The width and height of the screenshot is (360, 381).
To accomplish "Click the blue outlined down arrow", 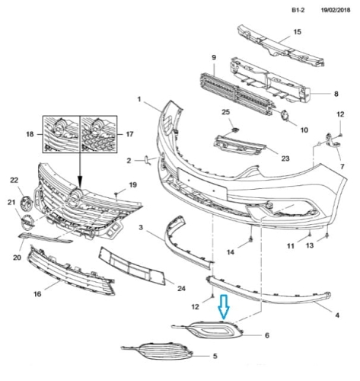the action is pyautogui.click(x=224, y=307).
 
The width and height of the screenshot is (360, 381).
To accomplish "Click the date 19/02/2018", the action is pyautogui.click(x=336, y=10).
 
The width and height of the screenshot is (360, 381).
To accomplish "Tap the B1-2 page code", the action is pyautogui.click(x=298, y=10).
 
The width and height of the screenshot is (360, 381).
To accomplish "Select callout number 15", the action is pyautogui.click(x=297, y=32).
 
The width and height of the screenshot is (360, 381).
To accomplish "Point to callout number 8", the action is pyautogui.click(x=336, y=94).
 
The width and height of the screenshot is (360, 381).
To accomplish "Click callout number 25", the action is pyautogui.click(x=226, y=112).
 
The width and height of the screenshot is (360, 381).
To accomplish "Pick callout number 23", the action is pyautogui.click(x=285, y=158).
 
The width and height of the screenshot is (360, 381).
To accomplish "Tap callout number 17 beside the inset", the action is pyautogui.click(x=129, y=134).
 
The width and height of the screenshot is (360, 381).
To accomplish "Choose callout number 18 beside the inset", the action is pyautogui.click(x=30, y=134).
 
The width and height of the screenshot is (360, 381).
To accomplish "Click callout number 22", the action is pyautogui.click(x=14, y=180).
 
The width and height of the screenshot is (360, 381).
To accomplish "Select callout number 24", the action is pyautogui.click(x=181, y=289).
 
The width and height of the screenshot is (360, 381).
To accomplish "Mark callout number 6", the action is pyautogui.click(x=267, y=335).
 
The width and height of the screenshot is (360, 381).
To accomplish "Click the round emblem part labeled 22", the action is pyautogui.click(x=27, y=203).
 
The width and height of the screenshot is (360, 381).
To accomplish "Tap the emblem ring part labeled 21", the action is pyautogui.click(x=27, y=221).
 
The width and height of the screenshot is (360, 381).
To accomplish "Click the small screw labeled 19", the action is pyautogui.click(x=116, y=194).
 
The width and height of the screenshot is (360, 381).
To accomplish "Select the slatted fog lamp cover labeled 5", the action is pyautogui.click(x=158, y=351).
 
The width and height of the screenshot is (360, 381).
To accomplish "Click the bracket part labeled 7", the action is pyautogui.click(x=333, y=141).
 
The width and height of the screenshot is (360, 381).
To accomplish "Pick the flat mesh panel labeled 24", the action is pyautogui.click(x=132, y=266).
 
